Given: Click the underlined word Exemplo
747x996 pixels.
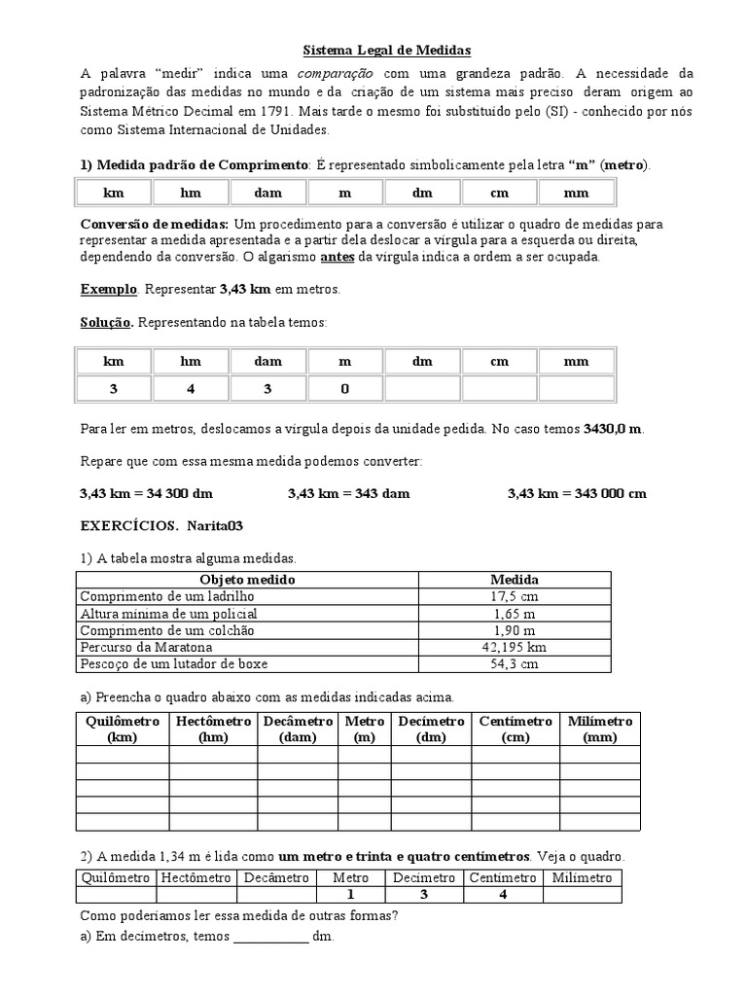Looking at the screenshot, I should [109, 290].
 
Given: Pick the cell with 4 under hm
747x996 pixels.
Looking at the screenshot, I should [190, 389].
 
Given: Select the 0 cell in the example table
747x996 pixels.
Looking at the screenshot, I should [344, 389].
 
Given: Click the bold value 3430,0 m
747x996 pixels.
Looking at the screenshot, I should [613, 429].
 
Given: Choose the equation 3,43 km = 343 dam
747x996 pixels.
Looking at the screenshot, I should [348, 493].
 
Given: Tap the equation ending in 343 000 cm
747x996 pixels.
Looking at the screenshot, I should [577, 493].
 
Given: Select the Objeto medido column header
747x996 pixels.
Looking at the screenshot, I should [247, 580].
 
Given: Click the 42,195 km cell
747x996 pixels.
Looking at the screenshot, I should [515, 646].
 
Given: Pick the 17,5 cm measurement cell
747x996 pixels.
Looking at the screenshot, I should [515, 596].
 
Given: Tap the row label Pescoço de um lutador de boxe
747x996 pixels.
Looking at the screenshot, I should [174, 663].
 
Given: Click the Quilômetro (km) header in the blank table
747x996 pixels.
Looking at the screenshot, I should [123, 729].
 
